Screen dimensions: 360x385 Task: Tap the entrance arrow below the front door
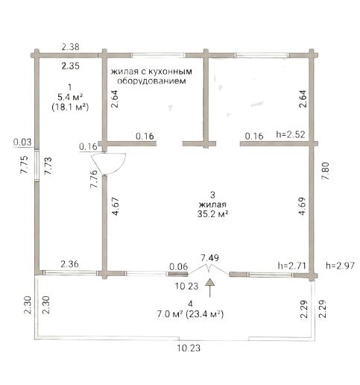pyautogui.click(x=210, y=288)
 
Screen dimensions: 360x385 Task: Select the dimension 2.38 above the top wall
pyautogui.click(x=71, y=47)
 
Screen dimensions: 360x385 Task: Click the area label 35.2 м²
pyautogui.click(x=213, y=214)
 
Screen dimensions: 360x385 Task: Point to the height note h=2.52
pyautogui.click(x=291, y=134)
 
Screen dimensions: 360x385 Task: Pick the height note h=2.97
pyautogui.click(x=340, y=266)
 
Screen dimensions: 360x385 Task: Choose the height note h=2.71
pyautogui.click(x=291, y=266)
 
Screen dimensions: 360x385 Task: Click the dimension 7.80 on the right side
pyautogui.click(x=325, y=171)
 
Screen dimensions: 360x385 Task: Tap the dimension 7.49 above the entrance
pyautogui.click(x=210, y=258)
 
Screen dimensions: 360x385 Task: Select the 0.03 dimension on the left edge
pyautogui.click(x=22, y=143)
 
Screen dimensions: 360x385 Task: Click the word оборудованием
pyautogui.click(x=151, y=81)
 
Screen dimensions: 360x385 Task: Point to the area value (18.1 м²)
pyautogui.click(x=70, y=107)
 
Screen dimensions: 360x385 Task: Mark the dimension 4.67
pyautogui.click(x=116, y=207)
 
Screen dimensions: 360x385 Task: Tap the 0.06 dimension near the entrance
pyautogui.click(x=179, y=267)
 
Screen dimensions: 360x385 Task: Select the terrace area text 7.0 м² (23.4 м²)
pyautogui.click(x=190, y=314)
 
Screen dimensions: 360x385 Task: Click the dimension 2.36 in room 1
pyautogui.click(x=70, y=264)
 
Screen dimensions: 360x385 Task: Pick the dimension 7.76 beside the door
pyautogui.click(x=94, y=179)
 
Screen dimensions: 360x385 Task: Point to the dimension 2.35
pyautogui.click(x=71, y=66)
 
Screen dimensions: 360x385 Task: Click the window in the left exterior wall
pyautogui.click(x=37, y=165)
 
